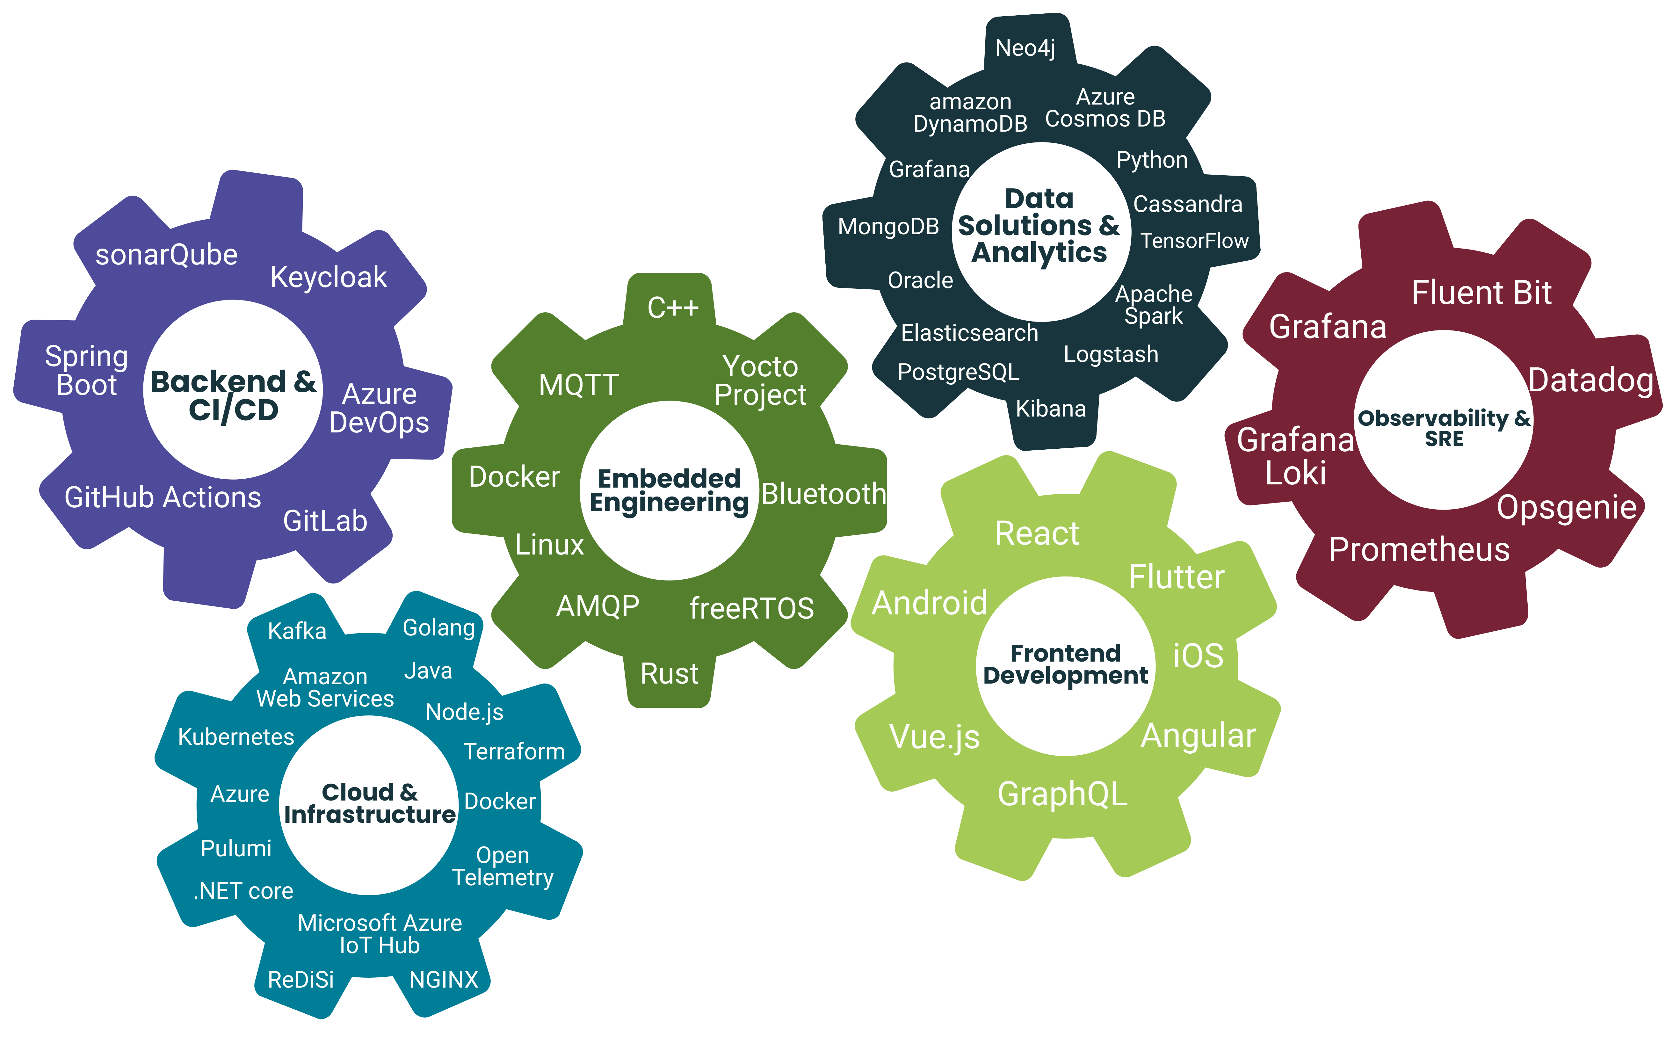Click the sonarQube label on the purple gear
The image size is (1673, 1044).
coord(166,255)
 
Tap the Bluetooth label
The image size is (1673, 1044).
coord(823,494)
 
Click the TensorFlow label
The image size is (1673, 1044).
coord(1194,241)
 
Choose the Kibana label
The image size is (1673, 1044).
coord(1050,409)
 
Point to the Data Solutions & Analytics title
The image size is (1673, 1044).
coord(1039,226)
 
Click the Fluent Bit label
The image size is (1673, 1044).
coord(1481,293)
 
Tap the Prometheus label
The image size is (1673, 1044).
coord(1419,550)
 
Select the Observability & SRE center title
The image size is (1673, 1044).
coord(1444,427)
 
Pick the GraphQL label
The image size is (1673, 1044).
coord(1062,794)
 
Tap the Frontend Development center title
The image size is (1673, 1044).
coord(1065,664)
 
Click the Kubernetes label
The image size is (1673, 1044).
coord(236,737)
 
